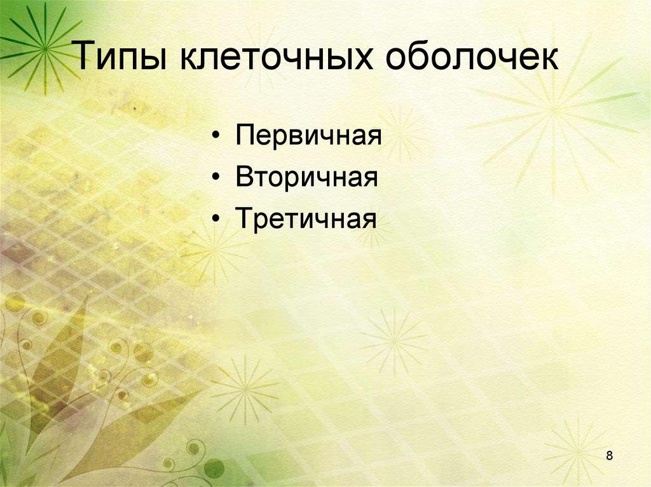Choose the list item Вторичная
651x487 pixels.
pyautogui.click(x=307, y=178)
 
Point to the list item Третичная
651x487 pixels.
pyautogui.click(x=306, y=219)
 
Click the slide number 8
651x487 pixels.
pyautogui.click(x=610, y=456)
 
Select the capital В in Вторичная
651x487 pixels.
pyautogui.click(x=243, y=177)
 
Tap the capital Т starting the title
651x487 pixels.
pyautogui.click(x=87, y=57)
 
